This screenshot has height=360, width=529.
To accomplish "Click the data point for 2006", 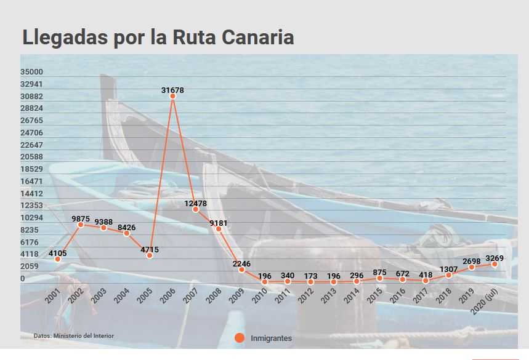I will click(x=173, y=96).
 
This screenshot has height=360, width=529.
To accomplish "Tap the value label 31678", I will click(x=173, y=90).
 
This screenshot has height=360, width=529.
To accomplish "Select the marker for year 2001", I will click(x=58, y=259).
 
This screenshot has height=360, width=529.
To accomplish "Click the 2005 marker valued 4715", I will click(x=150, y=255).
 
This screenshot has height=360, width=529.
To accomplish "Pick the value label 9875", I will click(x=82, y=218).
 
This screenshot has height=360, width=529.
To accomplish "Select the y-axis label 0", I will click(x=23, y=279).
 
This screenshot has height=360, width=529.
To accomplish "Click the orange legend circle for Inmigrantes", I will click(x=240, y=338).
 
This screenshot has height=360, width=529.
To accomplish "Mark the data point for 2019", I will click(x=472, y=267).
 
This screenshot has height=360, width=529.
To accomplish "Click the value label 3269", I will click(x=495, y=258).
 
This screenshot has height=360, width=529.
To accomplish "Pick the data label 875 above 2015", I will click(x=380, y=272).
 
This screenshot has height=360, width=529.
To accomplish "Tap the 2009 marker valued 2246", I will click(x=242, y=270).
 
